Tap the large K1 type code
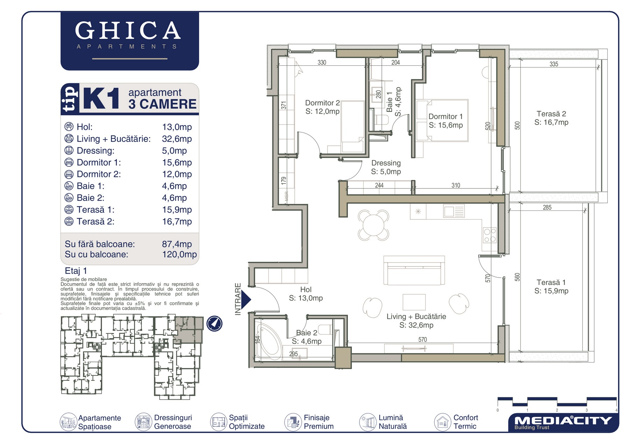pos(101,99)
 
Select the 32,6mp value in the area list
pos(177,139)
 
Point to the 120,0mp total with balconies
pos(180,254)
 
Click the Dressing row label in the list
pos(96,151)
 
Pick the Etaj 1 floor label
pos(76,271)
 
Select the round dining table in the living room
pos(373,225)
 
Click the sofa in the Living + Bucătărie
pos(414,270)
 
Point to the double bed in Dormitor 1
pos(442,121)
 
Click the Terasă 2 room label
pos(551,118)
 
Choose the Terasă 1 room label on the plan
pos(551,286)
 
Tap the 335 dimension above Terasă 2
pos(554,64)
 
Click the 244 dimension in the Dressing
pos(379,185)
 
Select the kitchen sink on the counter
pos(454,211)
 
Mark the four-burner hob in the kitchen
pos(490,235)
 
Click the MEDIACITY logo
pos(563,422)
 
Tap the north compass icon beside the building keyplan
pos(214,323)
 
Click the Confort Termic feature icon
pos(442,422)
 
